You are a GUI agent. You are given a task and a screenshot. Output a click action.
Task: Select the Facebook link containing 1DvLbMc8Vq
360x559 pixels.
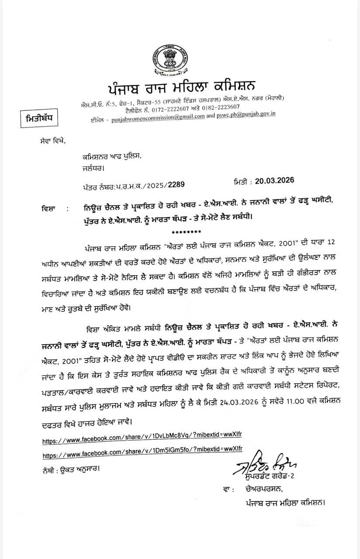coord(142,441)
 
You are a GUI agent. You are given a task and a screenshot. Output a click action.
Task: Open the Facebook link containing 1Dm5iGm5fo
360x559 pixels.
coord(142,455)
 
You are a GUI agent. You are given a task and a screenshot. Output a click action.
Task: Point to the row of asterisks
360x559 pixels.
coord(187,232)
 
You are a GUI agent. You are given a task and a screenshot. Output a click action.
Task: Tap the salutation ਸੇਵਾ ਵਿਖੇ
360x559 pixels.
coord(51,140)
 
